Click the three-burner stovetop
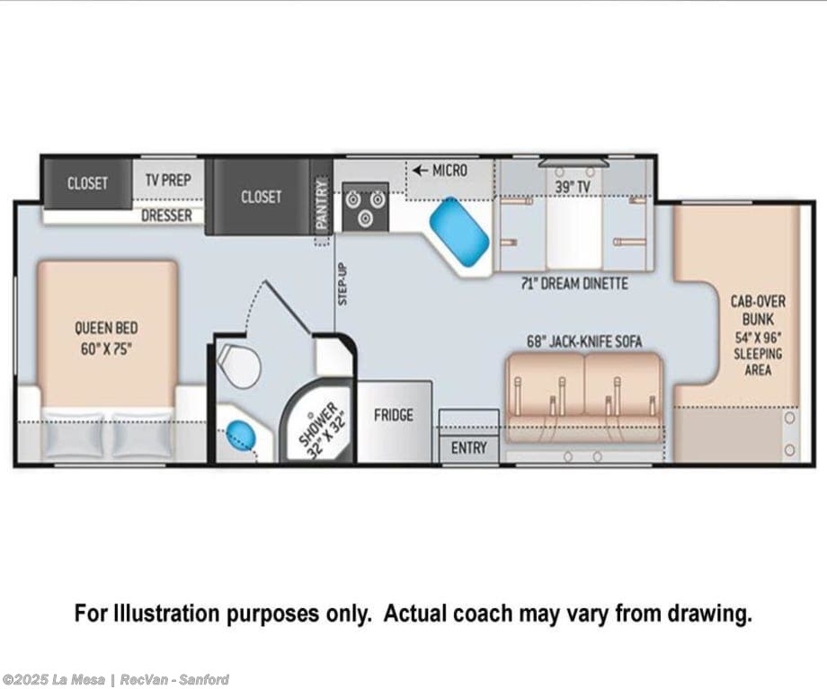pos(366,208)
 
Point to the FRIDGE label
pos(394,415)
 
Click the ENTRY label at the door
pos(469,448)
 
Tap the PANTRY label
pos(321,204)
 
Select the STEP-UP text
pos(342,284)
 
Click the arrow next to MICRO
pos(420,171)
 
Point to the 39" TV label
pos(573,187)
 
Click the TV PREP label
pos(168,181)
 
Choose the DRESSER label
pos(166,216)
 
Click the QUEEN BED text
pos(106,328)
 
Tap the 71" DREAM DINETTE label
pos(574,284)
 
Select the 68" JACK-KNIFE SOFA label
pos(584,341)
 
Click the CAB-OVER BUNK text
pos(758,311)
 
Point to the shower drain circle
pos(311,415)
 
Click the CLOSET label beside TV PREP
pos(87,183)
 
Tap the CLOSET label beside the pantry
pos(261,197)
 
